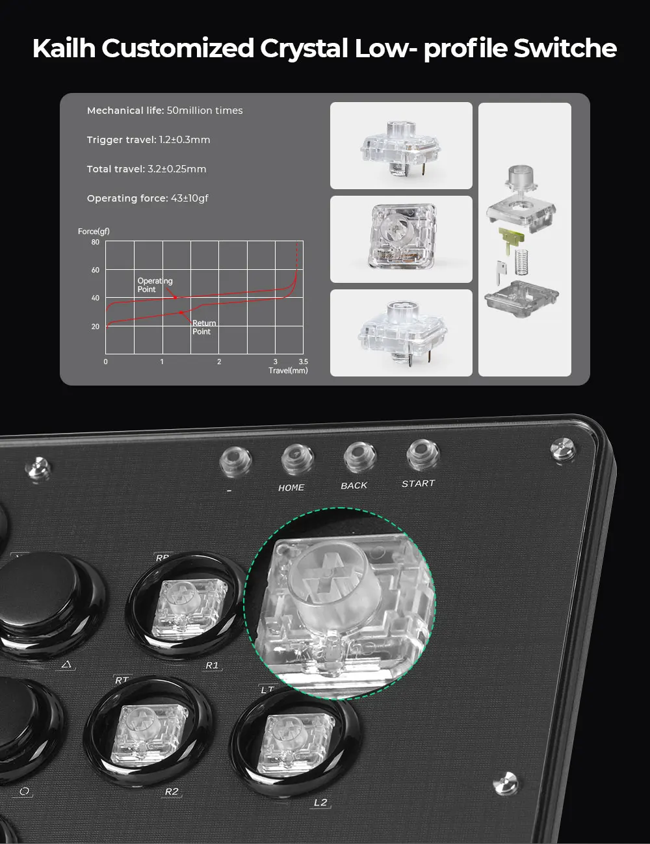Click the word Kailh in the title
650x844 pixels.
point(64,48)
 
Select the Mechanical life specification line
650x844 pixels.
point(164,111)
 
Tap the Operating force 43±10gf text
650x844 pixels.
point(148,198)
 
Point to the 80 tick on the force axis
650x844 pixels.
point(95,242)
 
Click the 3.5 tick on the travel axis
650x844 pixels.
point(304,362)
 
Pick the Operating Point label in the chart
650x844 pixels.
point(155,285)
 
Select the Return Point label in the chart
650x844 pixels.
point(204,327)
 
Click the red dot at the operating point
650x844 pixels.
point(175,298)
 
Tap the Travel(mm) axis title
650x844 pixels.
point(288,371)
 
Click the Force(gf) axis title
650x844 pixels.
point(94,231)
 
